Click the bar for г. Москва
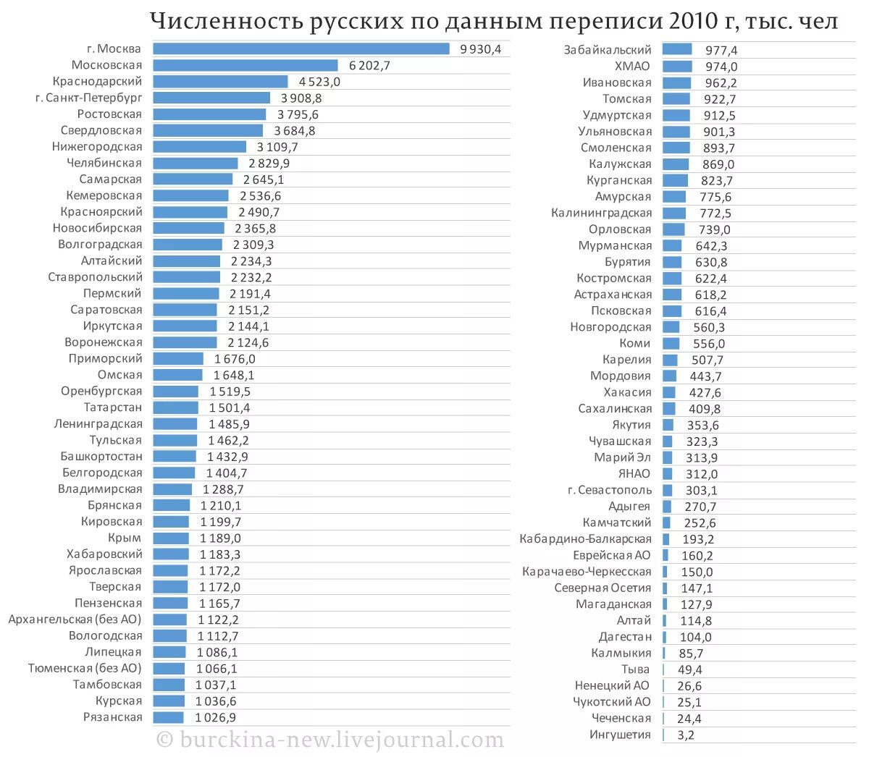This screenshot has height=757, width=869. tap(301, 49)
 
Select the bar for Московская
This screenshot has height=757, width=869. tap(245, 66)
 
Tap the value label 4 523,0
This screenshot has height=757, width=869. tap(319, 82)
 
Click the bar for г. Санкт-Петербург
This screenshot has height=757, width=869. tap(211, 98)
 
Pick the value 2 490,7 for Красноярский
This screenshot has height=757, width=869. tap(259, 212)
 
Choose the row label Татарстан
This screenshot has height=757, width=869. tap(113, 407)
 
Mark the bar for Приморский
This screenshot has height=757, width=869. tap(178, 359)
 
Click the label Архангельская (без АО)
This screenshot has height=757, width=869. tap(75, 619)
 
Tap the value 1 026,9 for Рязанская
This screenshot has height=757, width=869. tap(216, 718)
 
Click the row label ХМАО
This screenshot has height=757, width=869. tap(632, 66)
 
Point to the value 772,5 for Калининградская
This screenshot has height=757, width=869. tap(715, 213)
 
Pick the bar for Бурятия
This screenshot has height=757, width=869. tap(672, 262)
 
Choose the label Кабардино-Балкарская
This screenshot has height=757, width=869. tap(585, 539)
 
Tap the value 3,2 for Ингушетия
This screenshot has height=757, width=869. tap(686, 735)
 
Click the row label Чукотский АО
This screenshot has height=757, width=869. tap(612, 702)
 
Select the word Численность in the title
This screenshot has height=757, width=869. tap(227, 22)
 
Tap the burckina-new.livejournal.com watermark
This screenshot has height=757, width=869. tap(331, 740)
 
